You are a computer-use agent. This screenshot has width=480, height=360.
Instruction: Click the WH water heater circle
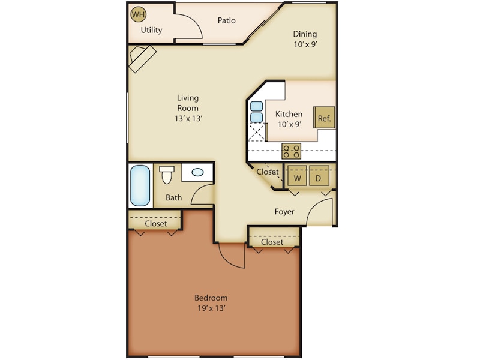pyautogui.click(x=138, y=14)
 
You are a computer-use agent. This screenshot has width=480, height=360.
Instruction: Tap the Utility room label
pyautogui.click(x=151, y=30)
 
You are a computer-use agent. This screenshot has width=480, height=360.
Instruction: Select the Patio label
pyautogui.click(x=226, y=20)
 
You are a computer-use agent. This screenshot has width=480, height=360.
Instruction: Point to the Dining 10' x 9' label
pyautogui.click(x=305, y=39)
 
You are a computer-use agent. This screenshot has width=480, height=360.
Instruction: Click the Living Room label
pyautogui.click(x=188, y=108)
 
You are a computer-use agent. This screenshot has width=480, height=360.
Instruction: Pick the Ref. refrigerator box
pyautogui.click(x=324, y=118)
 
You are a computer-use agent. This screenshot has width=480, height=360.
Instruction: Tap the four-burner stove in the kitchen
pyautogui.click(x=292, y=151)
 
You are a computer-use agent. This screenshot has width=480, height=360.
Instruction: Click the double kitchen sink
pyautogui.click(x=256, y=112)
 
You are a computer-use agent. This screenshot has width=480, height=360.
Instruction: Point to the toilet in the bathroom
pyautogui.click(x=167, y=175)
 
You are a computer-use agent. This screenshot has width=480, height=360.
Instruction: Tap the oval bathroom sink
pyautogui.click(x=197, y=173)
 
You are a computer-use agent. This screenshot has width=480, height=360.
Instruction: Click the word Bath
pyautogui.click(x=174, y=197)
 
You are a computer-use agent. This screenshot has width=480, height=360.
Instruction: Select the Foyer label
pyautogui.click(x=284, y=212)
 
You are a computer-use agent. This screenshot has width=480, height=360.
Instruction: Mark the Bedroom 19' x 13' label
pyautogui.click(x=211, y=303)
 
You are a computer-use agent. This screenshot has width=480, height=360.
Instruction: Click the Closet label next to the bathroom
pyautogui.click(x=156, y=224)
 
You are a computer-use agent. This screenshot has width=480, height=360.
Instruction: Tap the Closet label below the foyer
pyautogui.click(x=272, y=242)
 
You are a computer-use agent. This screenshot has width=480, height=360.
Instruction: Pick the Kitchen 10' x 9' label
pyautogui.click(x=289, y=119)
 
